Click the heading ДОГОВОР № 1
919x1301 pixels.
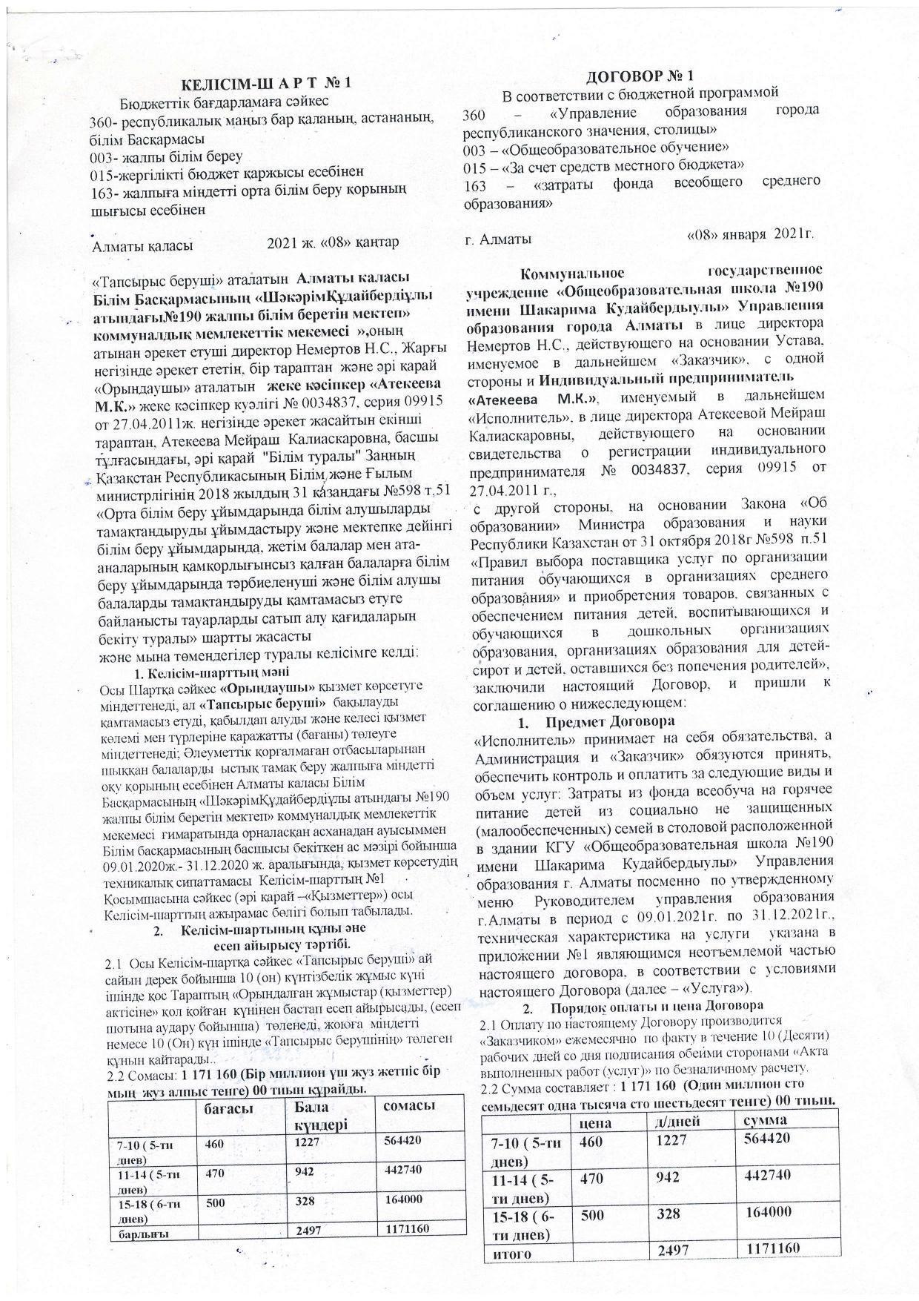(642, 76)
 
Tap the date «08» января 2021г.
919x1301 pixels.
(751, 234)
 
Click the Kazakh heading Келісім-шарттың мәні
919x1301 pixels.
(208, 674)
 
